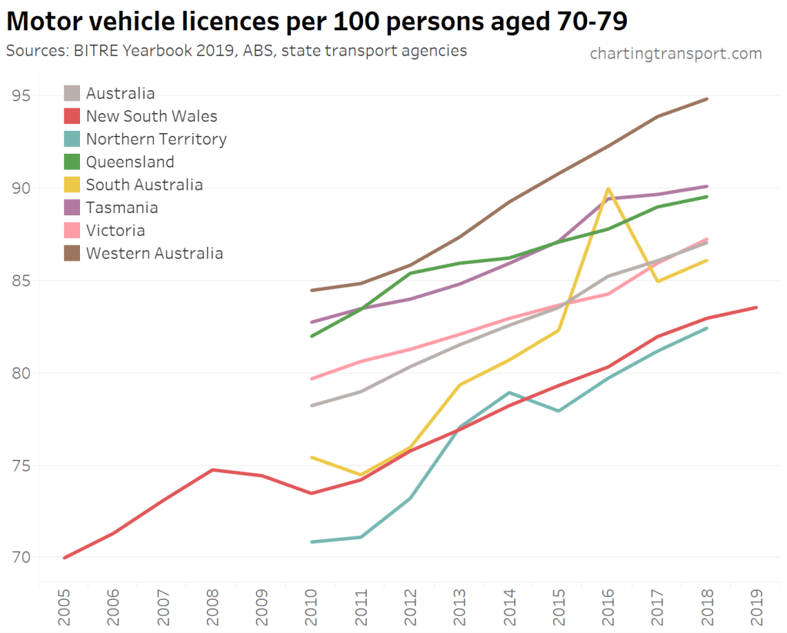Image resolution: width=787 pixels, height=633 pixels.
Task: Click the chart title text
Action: click(316, 22)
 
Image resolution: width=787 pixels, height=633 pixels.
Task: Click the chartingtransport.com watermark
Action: click(675, 53)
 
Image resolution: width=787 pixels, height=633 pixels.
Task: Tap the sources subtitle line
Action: click(236, 52)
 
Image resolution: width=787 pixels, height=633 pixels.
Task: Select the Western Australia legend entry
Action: click(154, 253)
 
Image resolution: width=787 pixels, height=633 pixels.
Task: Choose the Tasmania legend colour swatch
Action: click(72, 208)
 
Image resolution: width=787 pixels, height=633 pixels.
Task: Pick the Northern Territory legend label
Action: click(156, 139)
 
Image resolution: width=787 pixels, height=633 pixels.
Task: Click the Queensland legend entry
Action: click(130, 162)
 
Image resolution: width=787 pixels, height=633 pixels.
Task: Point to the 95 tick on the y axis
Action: click(21, 96)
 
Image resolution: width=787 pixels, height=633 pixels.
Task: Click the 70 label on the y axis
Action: click(21, 558)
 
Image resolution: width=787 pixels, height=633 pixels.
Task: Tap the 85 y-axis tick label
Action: click(21, 281)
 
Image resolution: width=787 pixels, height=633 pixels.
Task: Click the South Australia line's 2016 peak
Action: click(608, 188)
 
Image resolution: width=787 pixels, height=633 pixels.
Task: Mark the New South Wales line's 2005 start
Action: click(64, 558)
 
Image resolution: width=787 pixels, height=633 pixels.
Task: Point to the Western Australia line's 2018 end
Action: click(707, 99)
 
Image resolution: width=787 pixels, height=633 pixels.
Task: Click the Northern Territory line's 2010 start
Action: click(312, 542)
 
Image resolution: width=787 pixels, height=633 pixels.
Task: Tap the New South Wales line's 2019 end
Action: click(756, 308)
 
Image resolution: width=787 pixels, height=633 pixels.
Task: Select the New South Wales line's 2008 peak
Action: click(212, 469)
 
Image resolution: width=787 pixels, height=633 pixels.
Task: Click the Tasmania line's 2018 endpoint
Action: click(707, 186)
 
